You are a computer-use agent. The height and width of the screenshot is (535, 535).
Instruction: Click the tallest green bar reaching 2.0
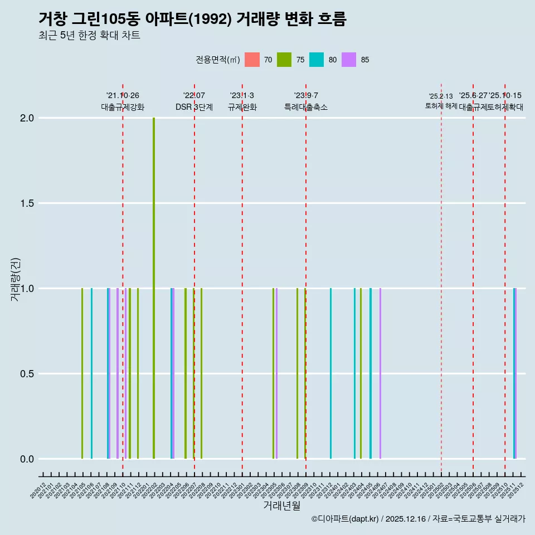[154, 288]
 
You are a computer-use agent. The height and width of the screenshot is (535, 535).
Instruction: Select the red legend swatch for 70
[252, 60]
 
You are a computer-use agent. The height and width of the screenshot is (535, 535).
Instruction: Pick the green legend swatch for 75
[285, 60]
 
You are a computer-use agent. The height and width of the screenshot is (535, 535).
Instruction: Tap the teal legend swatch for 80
[317, 60]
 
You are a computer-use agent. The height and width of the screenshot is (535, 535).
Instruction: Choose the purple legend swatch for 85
[349, 60]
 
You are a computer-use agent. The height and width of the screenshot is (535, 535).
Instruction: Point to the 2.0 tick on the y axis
[27, 118]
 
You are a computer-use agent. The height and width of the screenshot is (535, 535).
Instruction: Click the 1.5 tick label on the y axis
[27, 203]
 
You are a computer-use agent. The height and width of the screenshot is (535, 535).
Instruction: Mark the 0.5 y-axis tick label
[27, 374]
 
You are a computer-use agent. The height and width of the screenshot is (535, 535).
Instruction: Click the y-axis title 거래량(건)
[15, 279]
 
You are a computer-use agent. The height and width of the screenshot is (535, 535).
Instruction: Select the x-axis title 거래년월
[281, 505]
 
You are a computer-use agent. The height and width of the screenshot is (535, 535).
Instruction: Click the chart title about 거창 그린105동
[192, 19]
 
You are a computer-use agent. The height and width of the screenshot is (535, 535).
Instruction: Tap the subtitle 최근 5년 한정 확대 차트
[89, 36]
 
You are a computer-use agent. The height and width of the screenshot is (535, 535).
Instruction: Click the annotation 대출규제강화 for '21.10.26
[123, 107]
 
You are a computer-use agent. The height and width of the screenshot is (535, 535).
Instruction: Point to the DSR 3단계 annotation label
[194, 107]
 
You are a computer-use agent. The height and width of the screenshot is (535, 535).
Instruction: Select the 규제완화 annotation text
[242, 107]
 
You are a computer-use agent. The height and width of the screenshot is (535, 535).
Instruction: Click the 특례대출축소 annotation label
[306, 107]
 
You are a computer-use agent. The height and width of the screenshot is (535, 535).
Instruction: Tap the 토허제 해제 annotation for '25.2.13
[441, 105]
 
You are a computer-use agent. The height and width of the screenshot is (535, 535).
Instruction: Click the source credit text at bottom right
[418, 519]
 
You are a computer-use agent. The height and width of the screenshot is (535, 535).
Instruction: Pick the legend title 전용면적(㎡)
[218, 60]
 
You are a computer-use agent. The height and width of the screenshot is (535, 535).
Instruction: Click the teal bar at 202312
[330, 373]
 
